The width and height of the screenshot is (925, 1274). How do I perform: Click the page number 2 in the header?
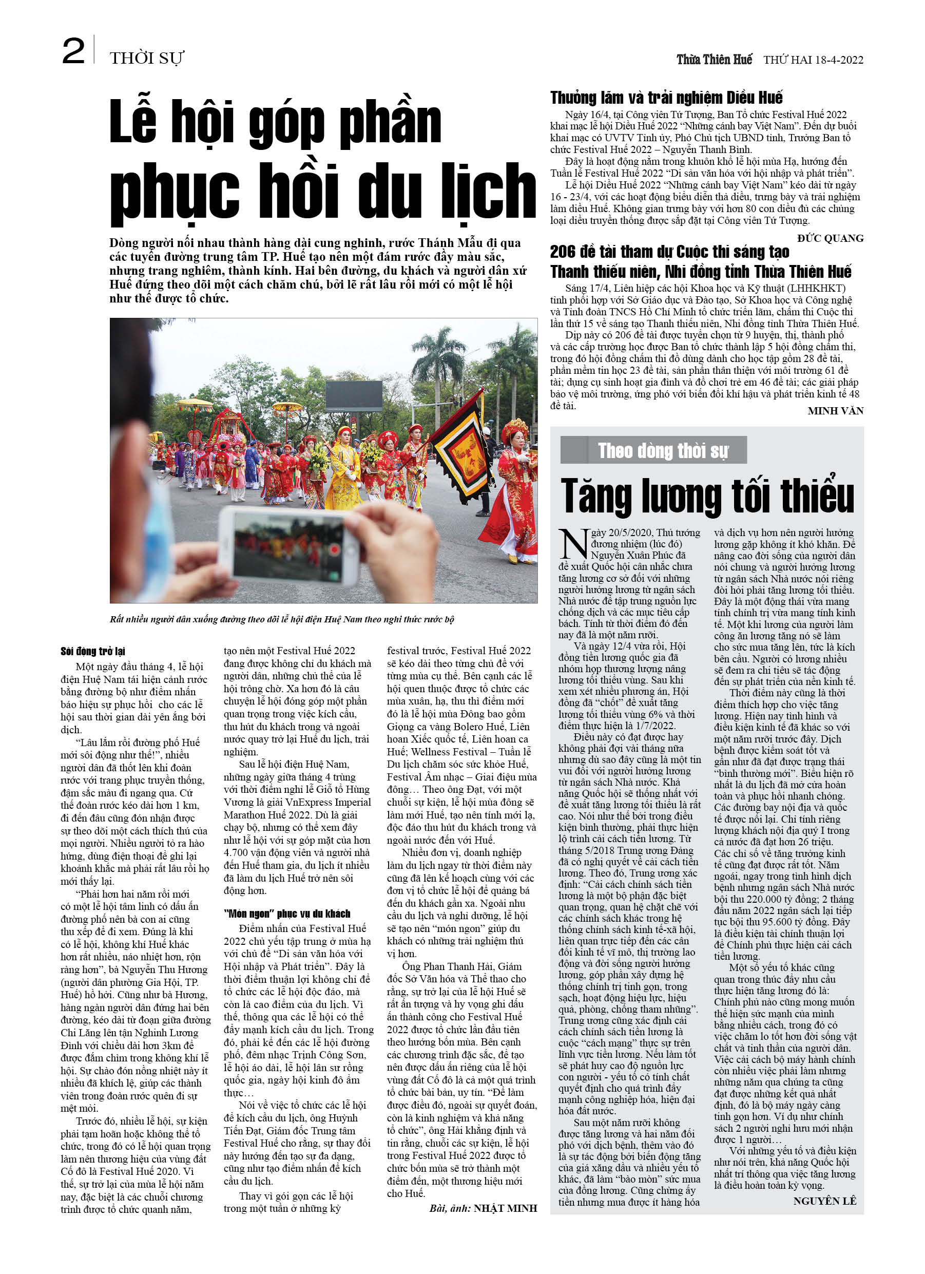click(73, 52)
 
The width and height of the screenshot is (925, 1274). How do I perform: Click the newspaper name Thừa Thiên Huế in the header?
click(714, 60)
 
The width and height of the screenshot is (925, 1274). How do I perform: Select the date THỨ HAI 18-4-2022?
click(813, 60)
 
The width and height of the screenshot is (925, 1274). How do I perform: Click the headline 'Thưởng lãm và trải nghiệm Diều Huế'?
click(666, 98)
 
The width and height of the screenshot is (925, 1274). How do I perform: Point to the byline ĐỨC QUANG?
click(830, 238)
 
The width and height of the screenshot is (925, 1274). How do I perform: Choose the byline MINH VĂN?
click(835, 411)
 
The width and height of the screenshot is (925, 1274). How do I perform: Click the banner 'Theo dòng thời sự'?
click(654, 450)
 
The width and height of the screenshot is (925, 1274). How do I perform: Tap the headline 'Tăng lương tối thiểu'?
click(707, 495)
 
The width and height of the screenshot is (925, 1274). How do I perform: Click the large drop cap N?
click(573, 544)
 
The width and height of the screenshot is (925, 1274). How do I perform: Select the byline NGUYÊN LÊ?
click(824, 1201)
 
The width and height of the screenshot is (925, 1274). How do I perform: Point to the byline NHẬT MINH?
click(505, 1208)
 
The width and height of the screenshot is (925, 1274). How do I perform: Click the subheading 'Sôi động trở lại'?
click(93, 651)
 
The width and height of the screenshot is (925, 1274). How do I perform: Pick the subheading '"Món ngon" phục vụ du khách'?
click(286, 914)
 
